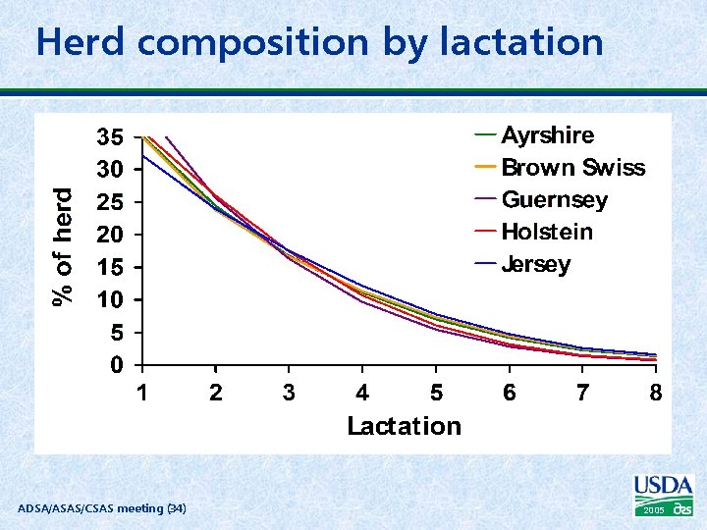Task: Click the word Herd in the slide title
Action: (x=82, y=42)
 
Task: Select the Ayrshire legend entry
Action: (x=547, y=135)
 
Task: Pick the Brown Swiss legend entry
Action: (x=572, y=167)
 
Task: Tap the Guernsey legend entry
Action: (x=554, y=200)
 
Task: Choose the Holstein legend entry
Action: (x=547, y=232)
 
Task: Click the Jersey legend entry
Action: (x=535, y=264)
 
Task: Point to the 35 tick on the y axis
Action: (x=109, y=136)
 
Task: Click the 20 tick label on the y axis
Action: (x=109, y=235)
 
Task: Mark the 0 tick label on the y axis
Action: (x=116, y=365)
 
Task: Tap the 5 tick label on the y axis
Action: (x=116, y=333)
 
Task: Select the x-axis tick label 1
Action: (x=142, y=393)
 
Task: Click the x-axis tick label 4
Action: (x=362, y=393)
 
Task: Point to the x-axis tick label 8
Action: (x=655, y=393)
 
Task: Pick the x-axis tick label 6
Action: (x=510, y=393)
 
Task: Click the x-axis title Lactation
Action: (x=404, y=426)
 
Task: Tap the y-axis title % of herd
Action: (x=63, y=247)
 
